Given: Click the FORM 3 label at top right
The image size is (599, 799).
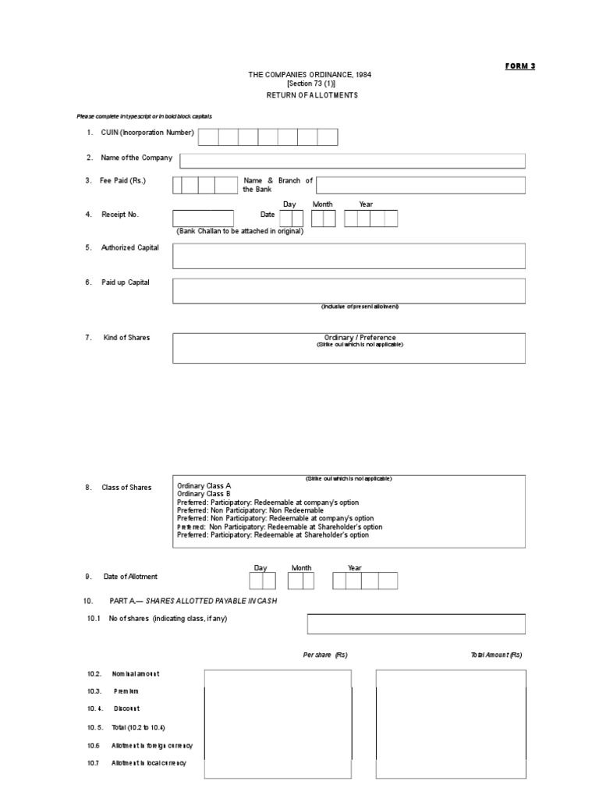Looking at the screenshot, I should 520,66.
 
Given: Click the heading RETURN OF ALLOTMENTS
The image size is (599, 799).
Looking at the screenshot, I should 312,94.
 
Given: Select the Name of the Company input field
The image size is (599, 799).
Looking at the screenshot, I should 353,161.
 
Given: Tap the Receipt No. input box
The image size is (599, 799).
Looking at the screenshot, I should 203,218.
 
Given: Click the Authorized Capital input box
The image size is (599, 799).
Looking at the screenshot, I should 349,256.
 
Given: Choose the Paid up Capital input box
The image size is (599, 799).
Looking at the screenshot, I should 349,291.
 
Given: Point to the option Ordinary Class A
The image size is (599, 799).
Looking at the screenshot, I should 204,485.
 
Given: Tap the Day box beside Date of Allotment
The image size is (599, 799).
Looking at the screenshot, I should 262,581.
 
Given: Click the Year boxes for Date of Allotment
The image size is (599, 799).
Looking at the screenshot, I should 365,581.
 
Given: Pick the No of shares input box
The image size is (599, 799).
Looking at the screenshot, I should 416,623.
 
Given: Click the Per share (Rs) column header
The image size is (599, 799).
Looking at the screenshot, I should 325,655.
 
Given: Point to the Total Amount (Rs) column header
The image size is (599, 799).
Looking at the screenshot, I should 496,655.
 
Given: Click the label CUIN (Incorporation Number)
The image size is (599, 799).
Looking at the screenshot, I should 147,133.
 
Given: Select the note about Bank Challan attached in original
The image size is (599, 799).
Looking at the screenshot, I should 239,231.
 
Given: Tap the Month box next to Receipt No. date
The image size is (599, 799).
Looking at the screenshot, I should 323,218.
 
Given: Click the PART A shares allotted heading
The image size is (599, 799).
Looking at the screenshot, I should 191,602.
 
